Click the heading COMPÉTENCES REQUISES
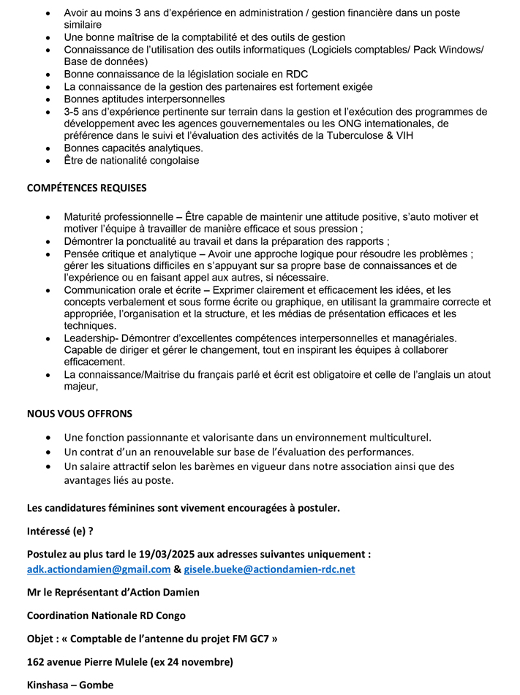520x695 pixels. (x=86, y=188)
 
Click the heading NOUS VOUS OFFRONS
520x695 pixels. (x=80, y=414)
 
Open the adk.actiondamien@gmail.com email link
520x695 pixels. (x=99, y=569)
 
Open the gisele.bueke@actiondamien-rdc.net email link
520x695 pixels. (x=269, y=569)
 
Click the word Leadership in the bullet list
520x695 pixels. (x=89, y=338)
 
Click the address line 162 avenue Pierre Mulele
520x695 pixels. (x=129, y=662)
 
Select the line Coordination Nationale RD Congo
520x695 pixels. (x=106, y=615)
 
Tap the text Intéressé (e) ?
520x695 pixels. (x=60, y=531)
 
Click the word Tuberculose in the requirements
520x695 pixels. (x=410, y=135)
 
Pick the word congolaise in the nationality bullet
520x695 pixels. (x=173, y=161)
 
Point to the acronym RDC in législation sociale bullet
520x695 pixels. (x=296, y=75)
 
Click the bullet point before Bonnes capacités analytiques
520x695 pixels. (x=48, y=148)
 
